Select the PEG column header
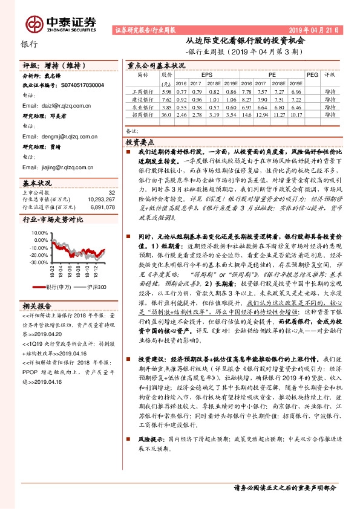pos(312,74)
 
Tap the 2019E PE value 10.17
pos(295,114)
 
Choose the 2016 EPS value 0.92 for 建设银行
pos(182,99)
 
